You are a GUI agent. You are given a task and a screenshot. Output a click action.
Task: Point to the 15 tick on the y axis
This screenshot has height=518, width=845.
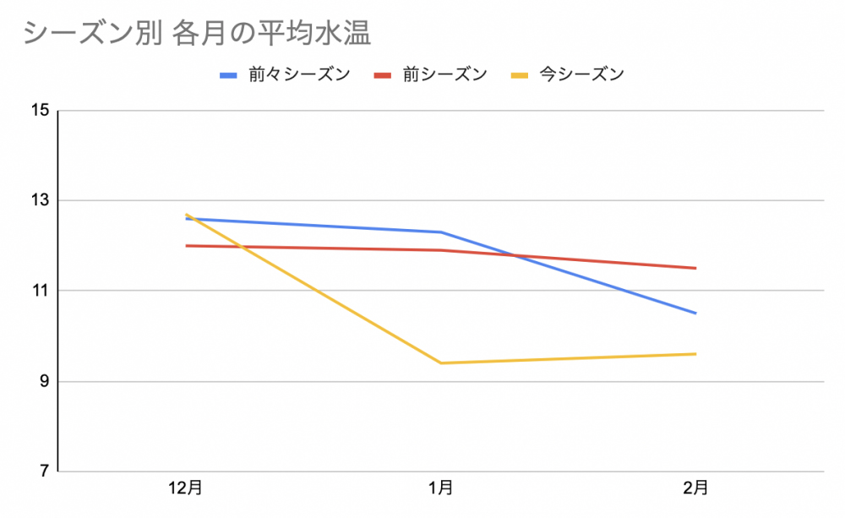coord(40,111)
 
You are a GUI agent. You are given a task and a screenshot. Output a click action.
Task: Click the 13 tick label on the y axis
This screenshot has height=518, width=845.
coord(40,201)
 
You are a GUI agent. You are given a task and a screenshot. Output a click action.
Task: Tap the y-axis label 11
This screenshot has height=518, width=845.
coord(40,291)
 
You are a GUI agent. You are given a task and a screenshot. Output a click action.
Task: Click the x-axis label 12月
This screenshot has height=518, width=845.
coord(186,488)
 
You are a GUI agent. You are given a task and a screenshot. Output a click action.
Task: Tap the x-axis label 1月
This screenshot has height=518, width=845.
coord(440,488)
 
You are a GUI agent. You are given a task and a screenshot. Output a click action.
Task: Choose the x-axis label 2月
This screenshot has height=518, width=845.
coord(695,488)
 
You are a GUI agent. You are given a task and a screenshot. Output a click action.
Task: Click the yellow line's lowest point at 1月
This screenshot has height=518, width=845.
coord(440,363)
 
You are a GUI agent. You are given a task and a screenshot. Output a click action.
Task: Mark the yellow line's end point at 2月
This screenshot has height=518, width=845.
coord(695,354)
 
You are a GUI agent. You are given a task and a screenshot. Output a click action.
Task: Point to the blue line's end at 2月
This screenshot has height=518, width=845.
coord(695,314)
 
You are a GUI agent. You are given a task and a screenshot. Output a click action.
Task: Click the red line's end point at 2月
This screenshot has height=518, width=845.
coord(695,268)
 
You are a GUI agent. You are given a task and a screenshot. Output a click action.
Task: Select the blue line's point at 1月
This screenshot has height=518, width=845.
coord(440,232)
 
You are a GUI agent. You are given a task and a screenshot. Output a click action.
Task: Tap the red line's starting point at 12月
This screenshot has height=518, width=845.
coord(186,246)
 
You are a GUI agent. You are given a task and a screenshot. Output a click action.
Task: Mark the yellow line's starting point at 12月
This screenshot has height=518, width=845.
coord(186,215)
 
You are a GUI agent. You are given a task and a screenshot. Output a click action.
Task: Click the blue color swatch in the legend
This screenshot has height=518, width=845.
coord(228,75)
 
